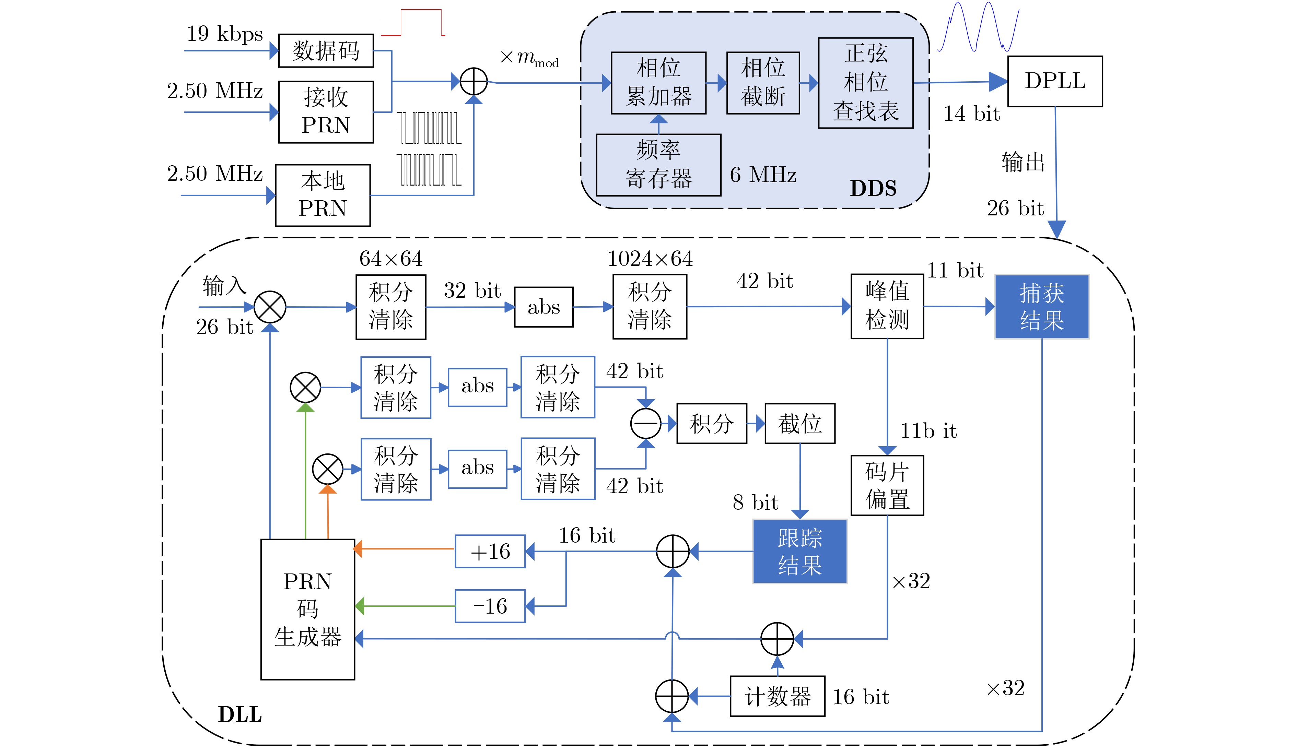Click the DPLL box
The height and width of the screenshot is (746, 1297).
point(1055,82)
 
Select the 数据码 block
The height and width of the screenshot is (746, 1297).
point(326,51)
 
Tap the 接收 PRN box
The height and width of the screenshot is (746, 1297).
point(326,112)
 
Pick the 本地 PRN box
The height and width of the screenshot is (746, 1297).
point(323,195)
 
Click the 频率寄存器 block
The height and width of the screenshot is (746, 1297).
point(658,165)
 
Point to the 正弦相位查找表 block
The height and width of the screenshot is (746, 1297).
point(865,83)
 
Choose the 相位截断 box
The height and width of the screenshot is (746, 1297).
point(763,83)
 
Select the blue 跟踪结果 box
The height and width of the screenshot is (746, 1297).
point(799,551)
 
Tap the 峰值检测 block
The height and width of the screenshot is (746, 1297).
point(887,306)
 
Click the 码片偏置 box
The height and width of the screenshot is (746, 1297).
point(887,485)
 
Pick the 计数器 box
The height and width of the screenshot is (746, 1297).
point(778,696)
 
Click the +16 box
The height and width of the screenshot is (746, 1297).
point(490,551)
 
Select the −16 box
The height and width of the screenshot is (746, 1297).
point(490,606)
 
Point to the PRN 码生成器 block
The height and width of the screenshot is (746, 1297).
point(307,609)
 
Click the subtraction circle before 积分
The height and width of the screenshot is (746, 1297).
point(646,424)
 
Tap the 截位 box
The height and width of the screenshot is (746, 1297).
point(800,424)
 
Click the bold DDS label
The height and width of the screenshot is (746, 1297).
point(873,188)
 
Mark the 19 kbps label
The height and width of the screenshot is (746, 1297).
point(224,34)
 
